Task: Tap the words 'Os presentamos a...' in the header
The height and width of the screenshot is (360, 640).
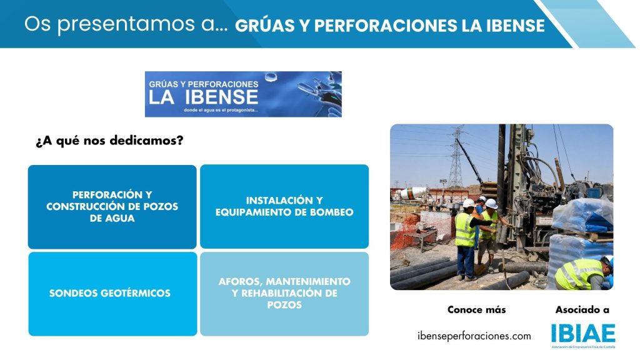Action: coord(126,24)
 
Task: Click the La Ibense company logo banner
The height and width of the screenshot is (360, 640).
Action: coord(243,94)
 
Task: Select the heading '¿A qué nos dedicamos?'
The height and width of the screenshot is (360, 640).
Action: coord(109,141)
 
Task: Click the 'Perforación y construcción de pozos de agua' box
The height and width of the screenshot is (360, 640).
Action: coord(112,206)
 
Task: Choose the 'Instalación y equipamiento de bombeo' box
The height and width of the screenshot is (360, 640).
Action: coord(284,206)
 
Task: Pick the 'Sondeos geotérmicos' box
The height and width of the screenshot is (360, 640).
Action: coord(112,294)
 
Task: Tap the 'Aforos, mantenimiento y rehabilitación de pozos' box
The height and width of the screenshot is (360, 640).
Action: coord(284,294)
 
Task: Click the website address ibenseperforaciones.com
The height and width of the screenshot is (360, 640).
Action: coord(474,336)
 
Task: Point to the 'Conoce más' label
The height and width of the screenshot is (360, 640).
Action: coord(476,310)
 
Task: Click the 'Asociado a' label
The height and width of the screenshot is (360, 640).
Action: coord(582,310)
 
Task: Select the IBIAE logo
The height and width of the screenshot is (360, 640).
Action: coord(583,336)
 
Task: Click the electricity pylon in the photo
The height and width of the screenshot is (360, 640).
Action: coord(456,156)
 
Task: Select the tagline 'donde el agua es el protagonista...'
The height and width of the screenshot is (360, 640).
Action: coord(221,110)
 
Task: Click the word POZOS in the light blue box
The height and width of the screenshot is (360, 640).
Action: coord(284,305)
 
